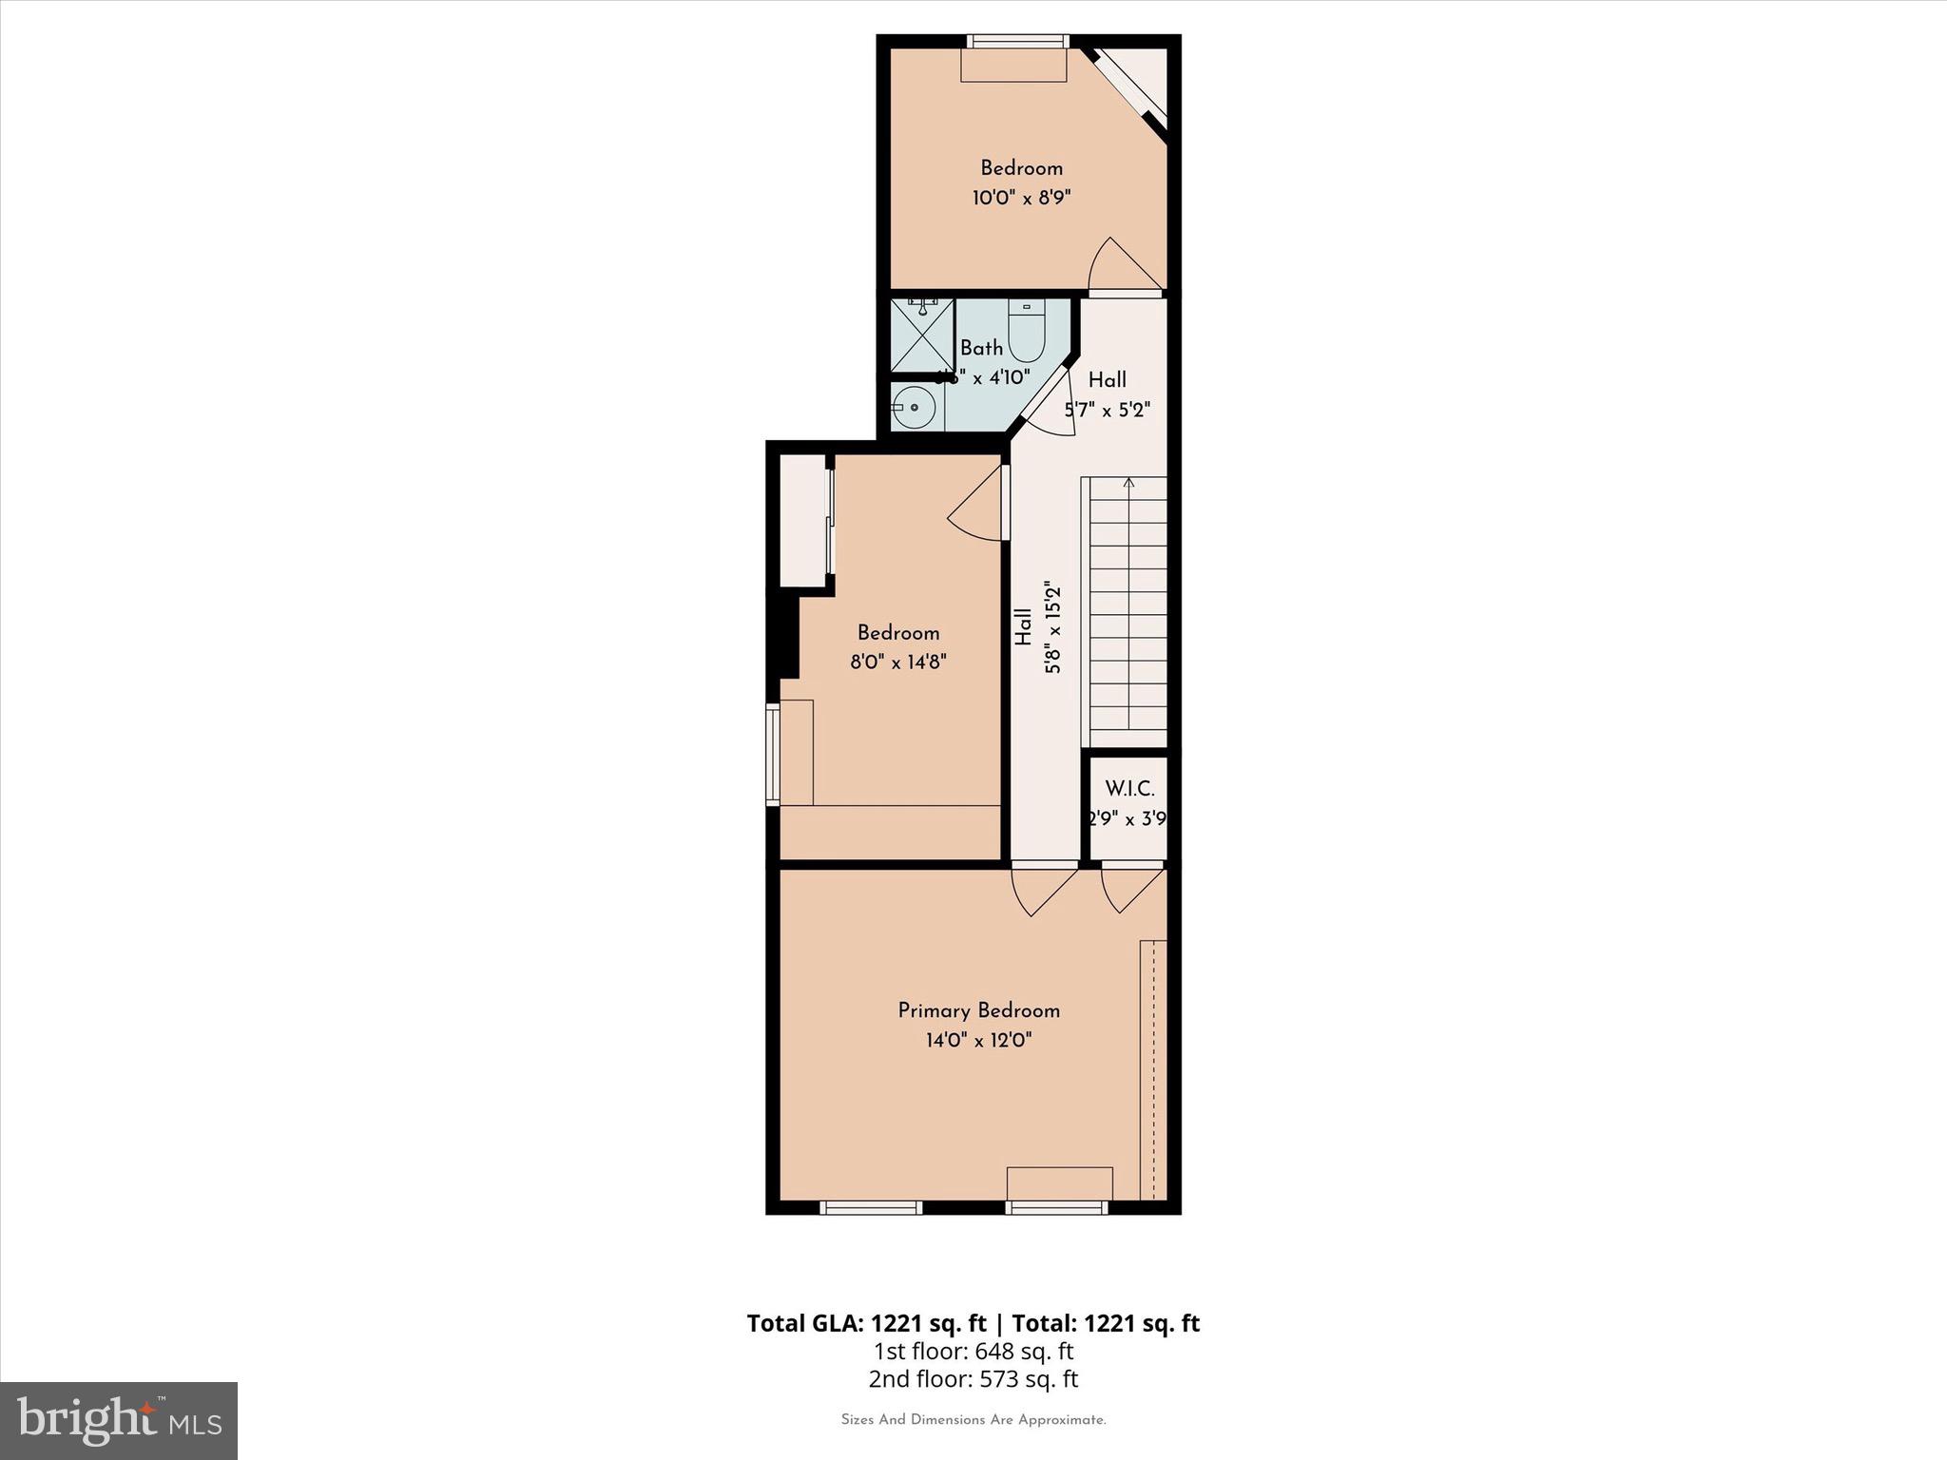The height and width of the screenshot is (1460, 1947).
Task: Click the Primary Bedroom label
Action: pyautogui.click(x=978, y=1010)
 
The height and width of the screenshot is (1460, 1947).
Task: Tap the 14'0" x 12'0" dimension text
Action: pyautogui.click(x=978, y=1041)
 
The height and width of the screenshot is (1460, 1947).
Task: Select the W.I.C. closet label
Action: pyautogui.click(x=1129, y=789)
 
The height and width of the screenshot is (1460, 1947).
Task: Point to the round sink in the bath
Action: pyautogui.click(x=914, y=407)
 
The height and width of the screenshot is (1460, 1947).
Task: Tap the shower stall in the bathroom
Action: pyautogui.click(x=922, y=336)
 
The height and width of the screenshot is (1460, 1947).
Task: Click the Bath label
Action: pyautogui.click(x=981, y=348)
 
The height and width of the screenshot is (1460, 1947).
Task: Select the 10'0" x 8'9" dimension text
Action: pyautogui.click(x=1021, y=199)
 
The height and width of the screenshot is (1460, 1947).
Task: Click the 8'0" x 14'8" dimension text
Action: pyautogui.click(x=898, y=662)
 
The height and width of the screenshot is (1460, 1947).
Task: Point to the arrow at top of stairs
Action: pyautogui.click(x=1128, y=484)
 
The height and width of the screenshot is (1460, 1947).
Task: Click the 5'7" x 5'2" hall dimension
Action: pyautogui.click(x=1107, y=411)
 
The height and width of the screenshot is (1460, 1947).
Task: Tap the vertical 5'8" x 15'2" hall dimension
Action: pyautogui.click(x=1052, y=627)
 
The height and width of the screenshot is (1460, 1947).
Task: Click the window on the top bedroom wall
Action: pyautogui.click(x=1018, y=41)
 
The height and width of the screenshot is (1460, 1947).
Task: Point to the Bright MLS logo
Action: pyautogui.click(x=119, y=1420)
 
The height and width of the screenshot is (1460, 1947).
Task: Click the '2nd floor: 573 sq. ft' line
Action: pyautogui.click(x=973, y=1379)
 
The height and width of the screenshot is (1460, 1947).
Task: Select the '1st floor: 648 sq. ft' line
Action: pyautogui.click(x=973, y=1351)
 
